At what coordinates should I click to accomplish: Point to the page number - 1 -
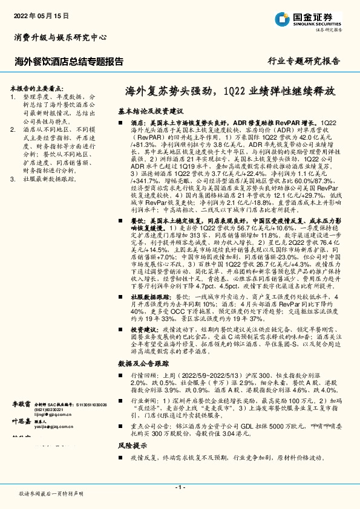[x=180, y=487]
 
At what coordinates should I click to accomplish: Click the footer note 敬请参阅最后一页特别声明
[x=51, y=494]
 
